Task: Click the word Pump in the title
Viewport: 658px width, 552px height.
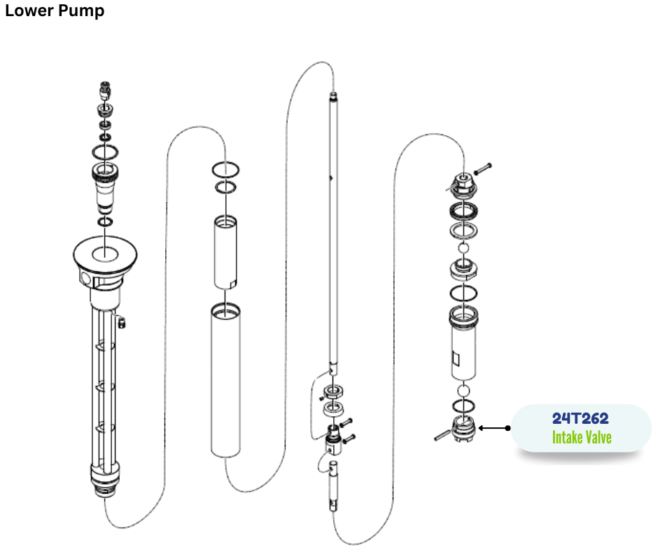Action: click(81, 11)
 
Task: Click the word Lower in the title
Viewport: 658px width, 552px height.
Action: click(29, 10)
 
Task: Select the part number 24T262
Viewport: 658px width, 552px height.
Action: click(580, 418)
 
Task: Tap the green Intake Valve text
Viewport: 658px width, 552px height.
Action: click(582, 437)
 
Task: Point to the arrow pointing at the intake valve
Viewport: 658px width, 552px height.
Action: click(494, 428)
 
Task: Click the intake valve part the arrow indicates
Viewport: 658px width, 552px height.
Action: click(463, 429)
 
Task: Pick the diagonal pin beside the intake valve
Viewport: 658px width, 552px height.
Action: click(442, 435)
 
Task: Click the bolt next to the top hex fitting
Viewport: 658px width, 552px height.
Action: click(482, 169)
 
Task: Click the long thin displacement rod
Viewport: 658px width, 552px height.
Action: click(333, 231)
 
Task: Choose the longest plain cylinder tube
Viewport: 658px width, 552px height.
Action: click(226, 380)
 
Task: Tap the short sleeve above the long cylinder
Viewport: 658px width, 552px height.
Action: click(226, 252)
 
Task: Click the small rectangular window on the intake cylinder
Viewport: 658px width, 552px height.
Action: click(456, 359)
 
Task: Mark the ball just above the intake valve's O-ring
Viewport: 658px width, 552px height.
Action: click(463, 391)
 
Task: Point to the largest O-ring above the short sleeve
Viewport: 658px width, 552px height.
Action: click(226, 170)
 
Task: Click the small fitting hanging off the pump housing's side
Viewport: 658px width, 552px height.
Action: click(122, 323)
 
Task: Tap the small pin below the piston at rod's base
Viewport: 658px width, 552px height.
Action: click(333, 486)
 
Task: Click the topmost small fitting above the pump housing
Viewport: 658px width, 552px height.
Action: click(105, 90)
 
